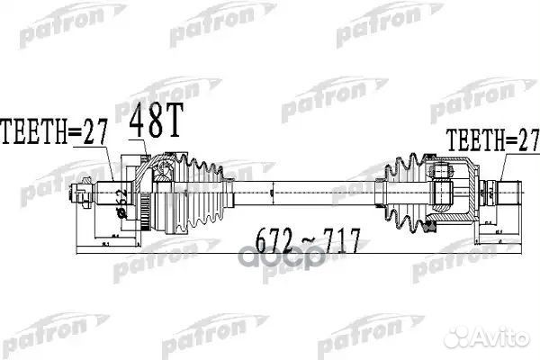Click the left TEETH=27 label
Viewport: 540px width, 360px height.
click(55, 132)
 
